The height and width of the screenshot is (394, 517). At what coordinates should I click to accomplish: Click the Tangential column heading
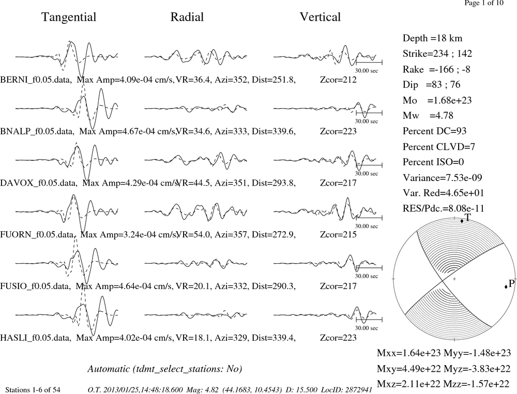[69, 17]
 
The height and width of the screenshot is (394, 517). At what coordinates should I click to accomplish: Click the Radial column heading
[187, 17]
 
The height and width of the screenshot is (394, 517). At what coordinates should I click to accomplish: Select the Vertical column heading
[320, 17]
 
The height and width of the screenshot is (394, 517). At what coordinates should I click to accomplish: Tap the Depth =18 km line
[432, 38]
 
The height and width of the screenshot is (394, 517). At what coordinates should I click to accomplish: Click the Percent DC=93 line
[435, 131]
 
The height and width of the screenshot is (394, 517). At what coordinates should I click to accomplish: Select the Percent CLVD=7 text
[439, 146]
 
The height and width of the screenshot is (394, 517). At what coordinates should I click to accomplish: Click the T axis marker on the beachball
[462, 221]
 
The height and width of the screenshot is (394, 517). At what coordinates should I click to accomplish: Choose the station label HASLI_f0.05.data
[35, 338]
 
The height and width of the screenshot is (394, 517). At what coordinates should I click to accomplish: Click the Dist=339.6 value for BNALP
[273, 131]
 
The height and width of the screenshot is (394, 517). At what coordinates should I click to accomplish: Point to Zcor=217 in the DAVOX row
[338, 183]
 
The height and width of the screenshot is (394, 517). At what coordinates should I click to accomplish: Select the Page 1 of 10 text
[484, 3]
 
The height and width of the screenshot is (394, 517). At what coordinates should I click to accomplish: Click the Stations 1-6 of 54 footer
[33, 390]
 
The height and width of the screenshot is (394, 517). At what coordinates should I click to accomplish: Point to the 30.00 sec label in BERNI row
[367, 70]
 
